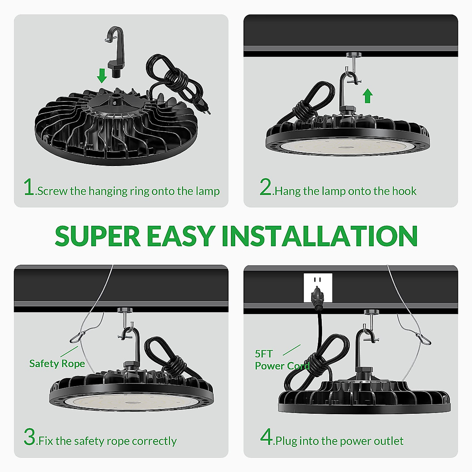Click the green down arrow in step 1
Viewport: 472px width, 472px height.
pos(102,75)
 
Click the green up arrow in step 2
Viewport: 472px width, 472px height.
pos(367,96)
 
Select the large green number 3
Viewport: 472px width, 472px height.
pos(30,437)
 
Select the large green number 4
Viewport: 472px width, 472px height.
pos(267,437)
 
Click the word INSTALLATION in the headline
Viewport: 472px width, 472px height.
pos(319,236)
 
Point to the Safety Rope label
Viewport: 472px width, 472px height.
pos(57,363)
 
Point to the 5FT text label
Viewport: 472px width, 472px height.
pos(264,354)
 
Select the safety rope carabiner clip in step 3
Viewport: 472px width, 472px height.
pos(78,337)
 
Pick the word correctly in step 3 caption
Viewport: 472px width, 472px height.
pos(154,441)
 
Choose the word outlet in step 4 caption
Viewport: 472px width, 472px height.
pos(389,441)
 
